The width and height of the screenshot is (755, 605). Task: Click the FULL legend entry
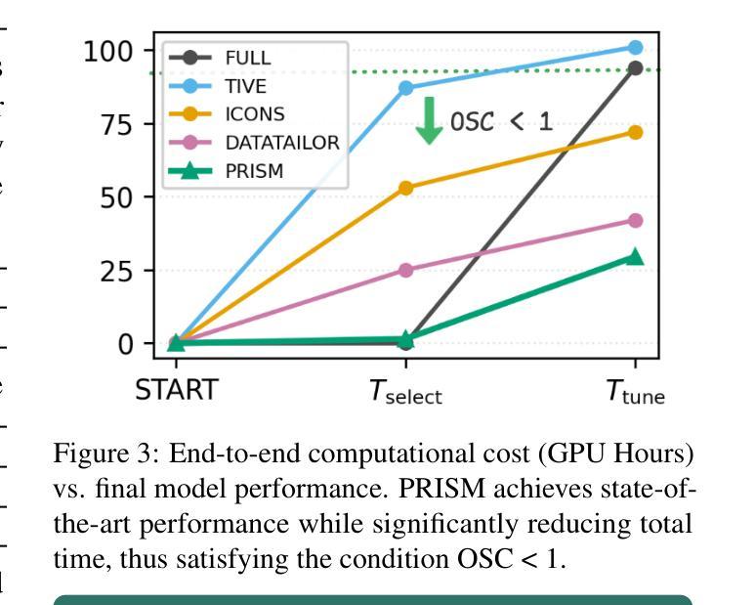point(248,58)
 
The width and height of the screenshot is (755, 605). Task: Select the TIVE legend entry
point(245,86)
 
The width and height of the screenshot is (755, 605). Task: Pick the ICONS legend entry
point(254,114)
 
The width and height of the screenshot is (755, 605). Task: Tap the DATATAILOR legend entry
point(281,143)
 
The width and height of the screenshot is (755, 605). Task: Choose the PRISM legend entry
point(253,171)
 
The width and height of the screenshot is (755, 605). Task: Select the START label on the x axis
point(176,391)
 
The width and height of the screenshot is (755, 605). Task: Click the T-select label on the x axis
point(405,393)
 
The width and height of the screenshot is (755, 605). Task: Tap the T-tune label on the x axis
point(635,393)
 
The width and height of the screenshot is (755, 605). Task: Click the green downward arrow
point(429,120)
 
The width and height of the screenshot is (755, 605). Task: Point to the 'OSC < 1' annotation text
point(501,121)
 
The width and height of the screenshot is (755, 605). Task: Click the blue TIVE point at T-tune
point(635,47)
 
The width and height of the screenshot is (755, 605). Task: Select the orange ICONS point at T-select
point(406,188)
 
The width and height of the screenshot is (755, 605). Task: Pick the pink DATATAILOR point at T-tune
point(635,221)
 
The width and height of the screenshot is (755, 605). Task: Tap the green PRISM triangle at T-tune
point(635,256)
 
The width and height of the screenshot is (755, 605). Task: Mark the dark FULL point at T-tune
point(635,68)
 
